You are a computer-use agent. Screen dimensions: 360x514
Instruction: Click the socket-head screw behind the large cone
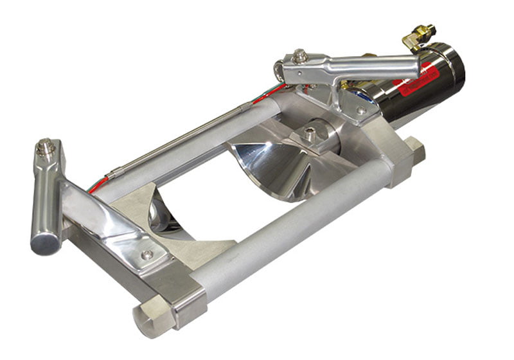click(310, 134)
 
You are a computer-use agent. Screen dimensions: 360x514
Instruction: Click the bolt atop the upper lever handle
click(299, 57)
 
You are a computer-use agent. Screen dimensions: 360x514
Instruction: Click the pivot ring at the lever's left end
click(279, 69)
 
